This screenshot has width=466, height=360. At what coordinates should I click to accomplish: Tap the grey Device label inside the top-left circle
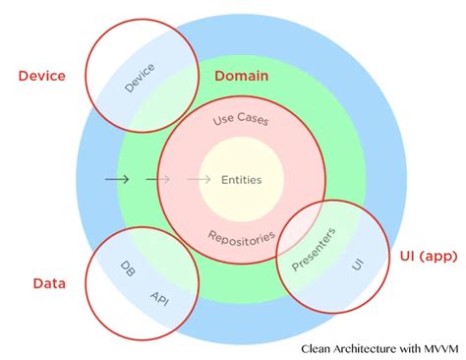click(141, 78)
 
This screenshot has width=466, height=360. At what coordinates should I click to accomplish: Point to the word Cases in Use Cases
click(254, 120)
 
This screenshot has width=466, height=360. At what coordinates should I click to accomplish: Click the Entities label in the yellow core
click(241, 179)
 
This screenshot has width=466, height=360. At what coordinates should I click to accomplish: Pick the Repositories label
click(241, 237)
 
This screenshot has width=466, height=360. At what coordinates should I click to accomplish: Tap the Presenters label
click(314, 249)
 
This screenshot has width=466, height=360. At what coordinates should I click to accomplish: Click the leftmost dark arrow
click(116, 179)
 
